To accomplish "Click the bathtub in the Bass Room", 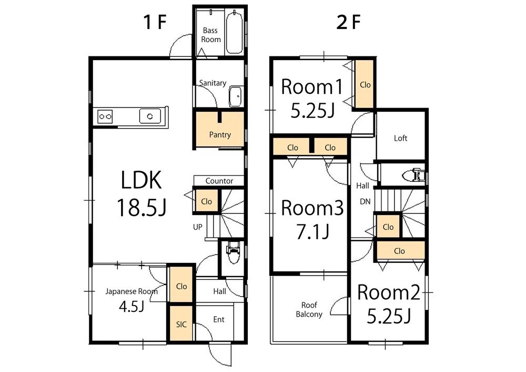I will click(234, 33).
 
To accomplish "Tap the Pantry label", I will click(220, 135).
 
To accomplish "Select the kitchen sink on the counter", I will click(150, 115).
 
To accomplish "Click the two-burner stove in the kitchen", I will click(105, 116).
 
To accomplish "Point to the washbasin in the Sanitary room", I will click(236, 96).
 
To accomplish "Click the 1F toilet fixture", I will click(232, 251).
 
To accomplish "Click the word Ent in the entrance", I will click(219, 319).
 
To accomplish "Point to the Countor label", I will click(219, 181).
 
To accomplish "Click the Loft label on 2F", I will click(401, 138).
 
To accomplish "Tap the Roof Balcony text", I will click(309, 309).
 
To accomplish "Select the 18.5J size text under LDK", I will click(141, 208).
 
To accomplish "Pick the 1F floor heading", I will click(155, 23).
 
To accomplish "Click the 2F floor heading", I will click(348, 23).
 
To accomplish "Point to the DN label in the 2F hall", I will click(365, 201).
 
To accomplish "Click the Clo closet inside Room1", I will click(365, 84).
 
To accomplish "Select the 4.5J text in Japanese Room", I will click(131, 307).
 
